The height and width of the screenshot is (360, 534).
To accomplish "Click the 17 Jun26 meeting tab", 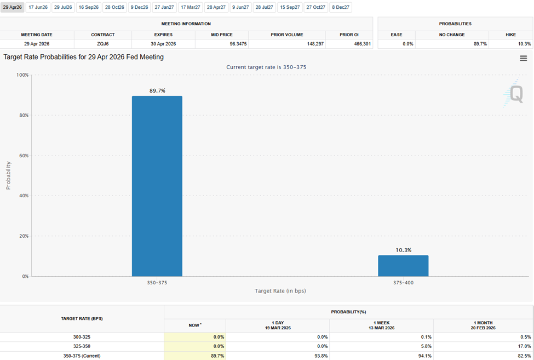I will (38, 7).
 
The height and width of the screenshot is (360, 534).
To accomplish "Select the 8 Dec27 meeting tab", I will (341, 7).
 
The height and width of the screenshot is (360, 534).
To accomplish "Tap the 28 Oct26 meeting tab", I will (115, 7).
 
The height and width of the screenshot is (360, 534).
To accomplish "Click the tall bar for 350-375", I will (157, 186).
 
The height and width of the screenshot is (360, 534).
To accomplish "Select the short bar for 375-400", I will (403, 266).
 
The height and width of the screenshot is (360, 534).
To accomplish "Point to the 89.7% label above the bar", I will (157, 90).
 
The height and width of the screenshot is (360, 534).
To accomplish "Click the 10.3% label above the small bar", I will (403, 250).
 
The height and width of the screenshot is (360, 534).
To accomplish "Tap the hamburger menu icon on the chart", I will (523, 58).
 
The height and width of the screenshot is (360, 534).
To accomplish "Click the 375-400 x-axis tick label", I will (403, 283).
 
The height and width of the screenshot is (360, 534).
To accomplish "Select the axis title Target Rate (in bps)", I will (280, 291).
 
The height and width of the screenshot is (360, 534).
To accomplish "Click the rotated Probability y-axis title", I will (8, 175).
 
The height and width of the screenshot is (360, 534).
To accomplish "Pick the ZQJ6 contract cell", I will (102, 44).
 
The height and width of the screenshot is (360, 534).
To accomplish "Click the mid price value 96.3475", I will (222, 44).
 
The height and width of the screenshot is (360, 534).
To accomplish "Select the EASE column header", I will (397, 35).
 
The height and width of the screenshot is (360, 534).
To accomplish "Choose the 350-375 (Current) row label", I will (82, 356).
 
